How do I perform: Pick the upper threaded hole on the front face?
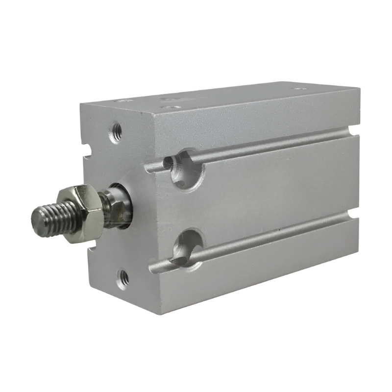click(117, 131)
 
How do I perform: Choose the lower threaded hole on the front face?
click(124, 278)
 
